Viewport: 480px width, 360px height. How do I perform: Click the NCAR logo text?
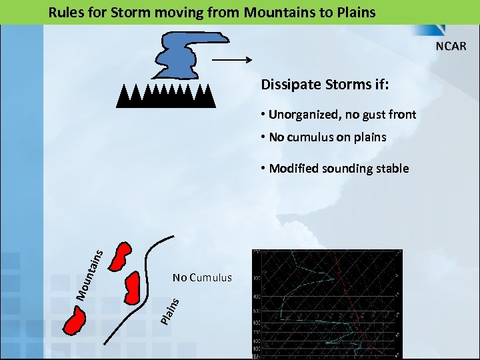(451, 47)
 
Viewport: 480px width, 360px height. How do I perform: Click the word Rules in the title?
(65, 12)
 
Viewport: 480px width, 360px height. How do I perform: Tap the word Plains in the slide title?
(353, 12)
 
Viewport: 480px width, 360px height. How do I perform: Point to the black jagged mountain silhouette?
(166, 97)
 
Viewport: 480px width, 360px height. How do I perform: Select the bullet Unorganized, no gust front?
(342, 115)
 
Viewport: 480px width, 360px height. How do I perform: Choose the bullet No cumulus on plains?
(327, 137)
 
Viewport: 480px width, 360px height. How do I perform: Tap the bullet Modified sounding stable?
(339, 169)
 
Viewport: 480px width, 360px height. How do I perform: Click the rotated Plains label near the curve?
(170, 310)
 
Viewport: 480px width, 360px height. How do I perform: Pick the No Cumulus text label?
(202, 277)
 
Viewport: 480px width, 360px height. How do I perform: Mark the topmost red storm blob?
(120, 256)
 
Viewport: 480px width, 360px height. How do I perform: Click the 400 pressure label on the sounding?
(256, 296)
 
